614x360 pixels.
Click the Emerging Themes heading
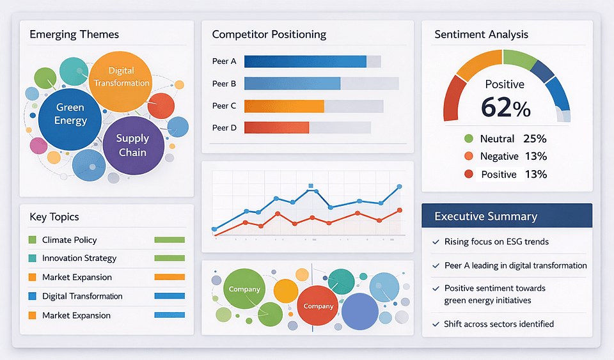coord(74,35)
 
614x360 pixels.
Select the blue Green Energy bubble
coord(70,114)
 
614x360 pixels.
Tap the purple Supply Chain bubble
coord(132,145)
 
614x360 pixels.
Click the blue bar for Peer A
coord(305,61)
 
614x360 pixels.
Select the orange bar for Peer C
coord(284,106)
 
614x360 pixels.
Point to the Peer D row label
coord(224,128)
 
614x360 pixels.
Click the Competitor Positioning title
coord(269,35)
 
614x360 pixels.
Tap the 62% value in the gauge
coord(505,107)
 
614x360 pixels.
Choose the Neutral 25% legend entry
coord(505,139)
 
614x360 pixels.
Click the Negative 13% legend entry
coord(505,156)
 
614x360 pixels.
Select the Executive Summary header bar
coord(507,216)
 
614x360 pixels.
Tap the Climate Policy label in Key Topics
coord(69,240)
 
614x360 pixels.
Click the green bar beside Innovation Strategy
coord(169,258)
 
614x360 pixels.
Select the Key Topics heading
coord(54,217)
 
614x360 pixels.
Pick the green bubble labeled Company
coord(244,289)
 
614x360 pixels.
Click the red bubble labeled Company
coord(319,306)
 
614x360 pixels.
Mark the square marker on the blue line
coord(311,187)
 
